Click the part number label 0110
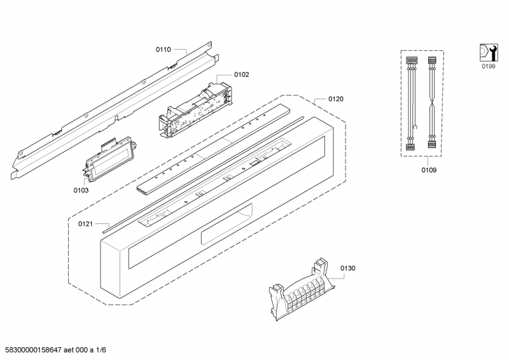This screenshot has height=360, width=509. pos(164,49)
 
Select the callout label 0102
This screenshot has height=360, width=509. pos(241,74)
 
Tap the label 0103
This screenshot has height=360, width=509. pos(80,190)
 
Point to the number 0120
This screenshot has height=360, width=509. pos(336,99)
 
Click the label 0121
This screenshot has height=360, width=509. pos(86,223)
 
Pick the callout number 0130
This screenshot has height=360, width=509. pos(347,268)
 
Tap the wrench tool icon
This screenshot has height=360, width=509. pos(487,52)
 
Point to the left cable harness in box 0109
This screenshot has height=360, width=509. pos(411,102)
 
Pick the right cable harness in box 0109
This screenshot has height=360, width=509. pos(432,102)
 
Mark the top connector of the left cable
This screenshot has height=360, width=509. pos(411,61)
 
